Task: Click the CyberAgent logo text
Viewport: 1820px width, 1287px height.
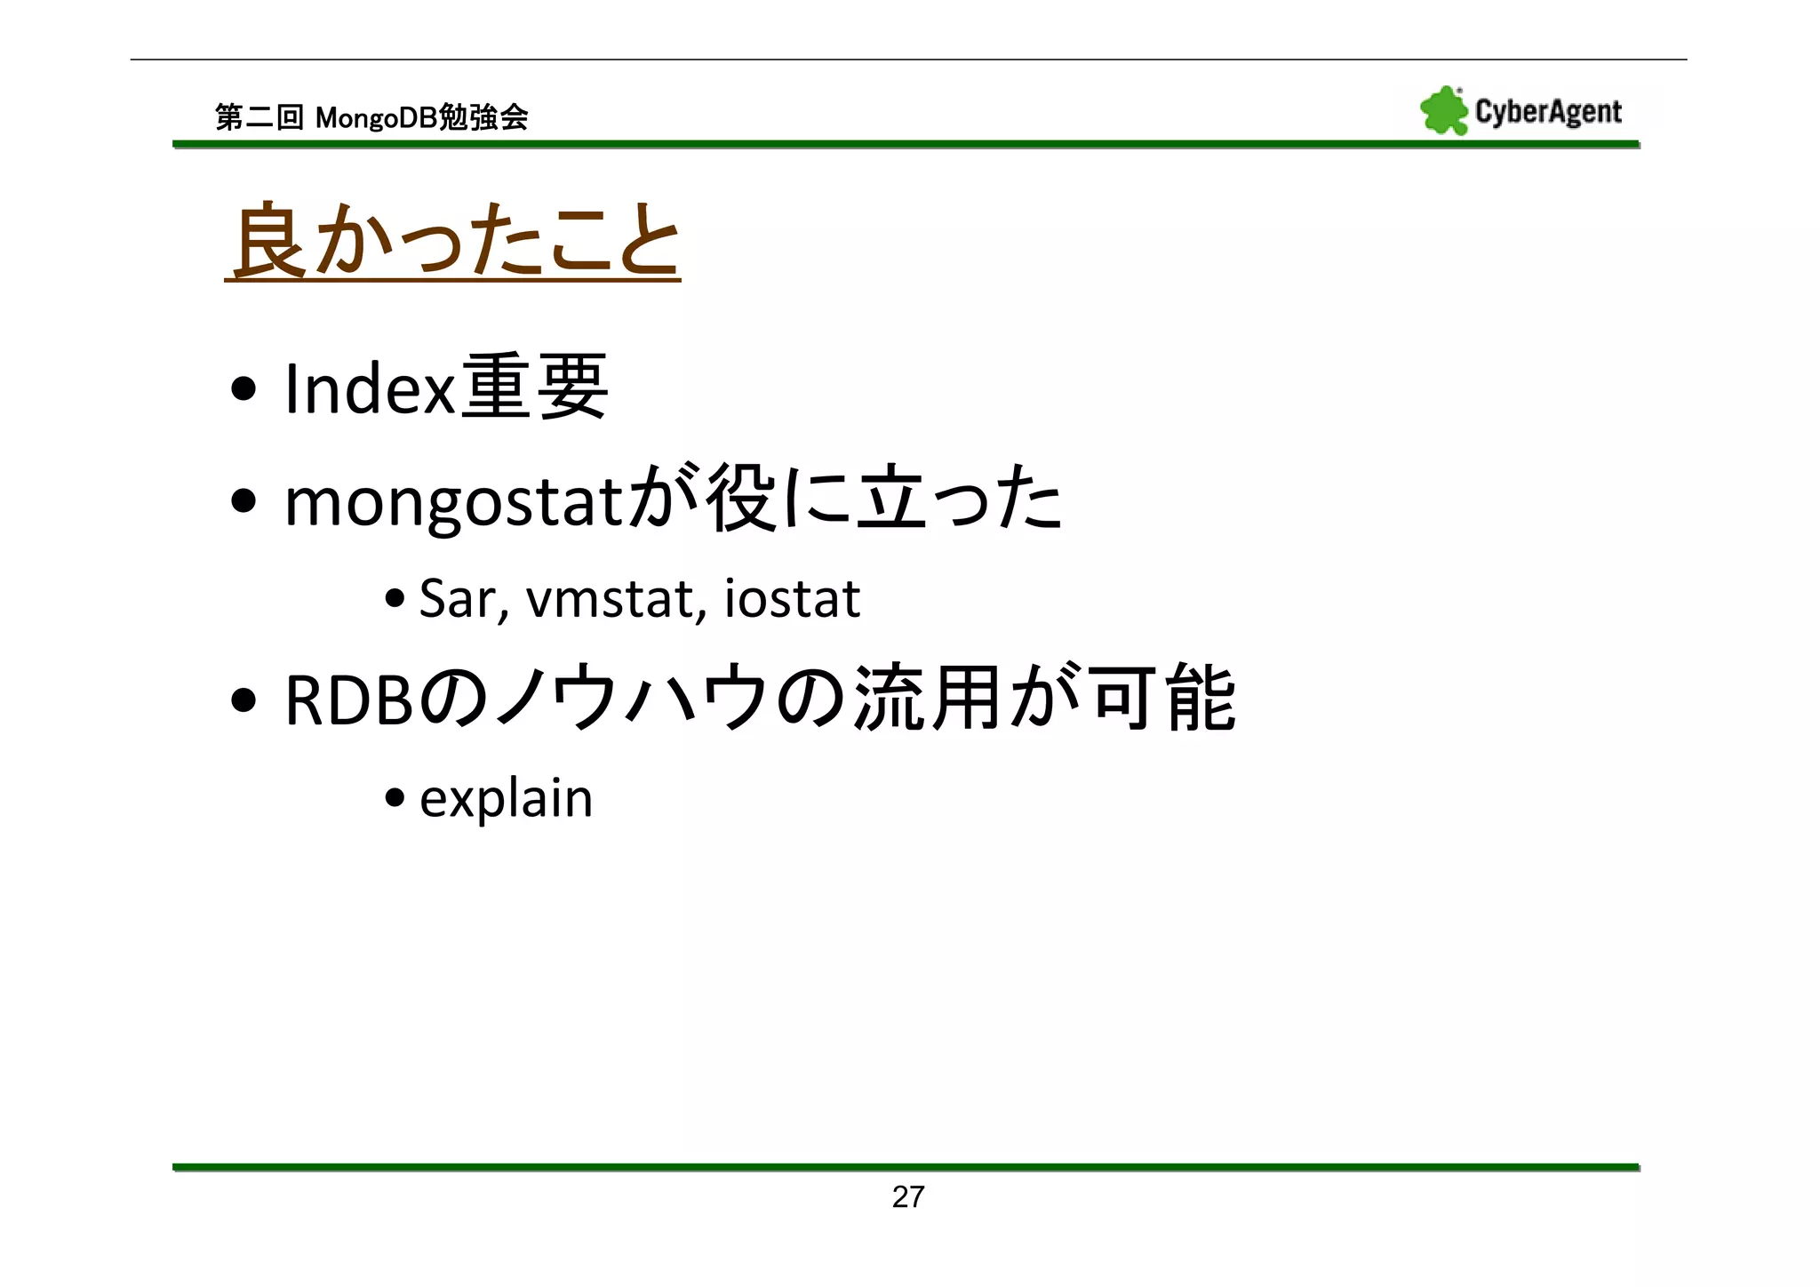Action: (1548, 112)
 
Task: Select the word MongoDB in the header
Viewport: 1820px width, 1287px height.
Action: (377, 117)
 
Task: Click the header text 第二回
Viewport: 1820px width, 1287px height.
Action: (259, 117)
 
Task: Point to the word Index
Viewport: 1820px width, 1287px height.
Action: (370, 389)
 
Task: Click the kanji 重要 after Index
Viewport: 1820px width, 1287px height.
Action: (535, 388)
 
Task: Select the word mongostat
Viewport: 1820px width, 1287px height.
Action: (456, 503)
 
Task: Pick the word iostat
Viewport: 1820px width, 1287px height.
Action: (792, 599)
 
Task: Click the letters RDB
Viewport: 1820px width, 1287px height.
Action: (348, 700)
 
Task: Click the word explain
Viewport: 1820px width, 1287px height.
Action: (506, 798)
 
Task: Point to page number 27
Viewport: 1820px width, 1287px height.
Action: (908, 1197)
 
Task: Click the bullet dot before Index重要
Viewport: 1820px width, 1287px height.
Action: (243, 389)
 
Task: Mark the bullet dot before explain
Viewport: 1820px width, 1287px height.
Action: (395, 797)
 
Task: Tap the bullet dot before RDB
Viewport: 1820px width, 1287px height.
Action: (243, 700)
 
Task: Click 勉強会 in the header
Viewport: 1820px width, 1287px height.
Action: (484, 117)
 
